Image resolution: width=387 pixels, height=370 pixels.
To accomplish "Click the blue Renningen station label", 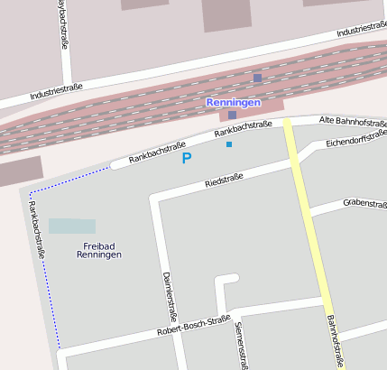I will click(x=233, y=102).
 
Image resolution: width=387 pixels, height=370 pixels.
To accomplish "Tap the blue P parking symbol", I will click(x=187, y=158).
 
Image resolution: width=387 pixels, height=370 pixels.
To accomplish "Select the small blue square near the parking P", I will click(x=229, y=144).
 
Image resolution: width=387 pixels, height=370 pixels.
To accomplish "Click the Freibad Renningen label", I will click(x=96, y=250).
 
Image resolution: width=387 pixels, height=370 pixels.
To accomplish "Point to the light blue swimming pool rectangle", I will click(x=72, y=227).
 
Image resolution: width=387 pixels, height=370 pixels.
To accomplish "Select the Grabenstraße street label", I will click(x=364, y=203).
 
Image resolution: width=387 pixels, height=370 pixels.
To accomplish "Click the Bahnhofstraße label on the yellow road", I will click(x=335, y=340).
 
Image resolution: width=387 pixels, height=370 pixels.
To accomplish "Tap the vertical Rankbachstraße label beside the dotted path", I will click(x=37, y=230).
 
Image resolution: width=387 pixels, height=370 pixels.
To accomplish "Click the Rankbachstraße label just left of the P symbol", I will click(x=157, y=152).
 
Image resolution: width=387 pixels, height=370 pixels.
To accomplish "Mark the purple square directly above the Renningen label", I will click(x=257, y=79).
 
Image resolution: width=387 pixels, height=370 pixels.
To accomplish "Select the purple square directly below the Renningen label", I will click(x=232, y=115).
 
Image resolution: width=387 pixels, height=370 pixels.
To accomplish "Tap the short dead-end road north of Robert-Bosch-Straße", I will click(x=219, y=294).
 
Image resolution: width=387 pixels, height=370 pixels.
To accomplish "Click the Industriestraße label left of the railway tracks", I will click(x=56, y=91).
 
